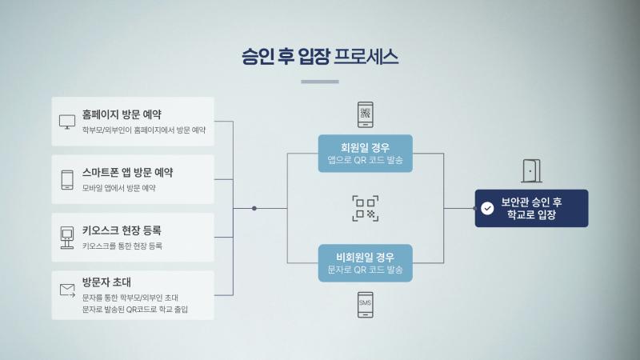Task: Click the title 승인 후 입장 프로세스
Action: pyautogui.click(x=320, y=57)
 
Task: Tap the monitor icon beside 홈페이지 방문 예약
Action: pyautogui.click(x=67, y=122)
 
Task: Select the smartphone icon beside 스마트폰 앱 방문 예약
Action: pyautogui.click(x=67, y=179)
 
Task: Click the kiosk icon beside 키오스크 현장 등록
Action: pyautogui.click(x=67, y=237)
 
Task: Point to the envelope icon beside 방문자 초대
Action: pyautogui.click(x=67, y=290)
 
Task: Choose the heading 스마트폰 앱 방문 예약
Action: pyautogui.click(x=127, y=172)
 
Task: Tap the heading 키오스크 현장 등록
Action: pyautogui.click(x=122, y=230)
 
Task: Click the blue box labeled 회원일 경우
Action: pyautogui.click(x=365, y=154)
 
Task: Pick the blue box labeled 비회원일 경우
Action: pyautogui.click(x=365, y=263)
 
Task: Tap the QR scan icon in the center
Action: pyautogui.click(x=365, y=208)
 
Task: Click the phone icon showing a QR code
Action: pyautogui.click(x=365, y=114)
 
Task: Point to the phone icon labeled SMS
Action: pyautogui.click(x=365, y=304)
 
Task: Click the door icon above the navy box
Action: pyautogui.click(x=531, y=171)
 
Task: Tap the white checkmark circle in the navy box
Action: pyautogui.click(x=488, y=208)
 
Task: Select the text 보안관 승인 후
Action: pyautogui.click(x=531, y=201)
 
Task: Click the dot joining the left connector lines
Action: pyautogui.click(x=254, y=208)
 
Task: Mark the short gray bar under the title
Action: pyautogui.click(x=320, y=82)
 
